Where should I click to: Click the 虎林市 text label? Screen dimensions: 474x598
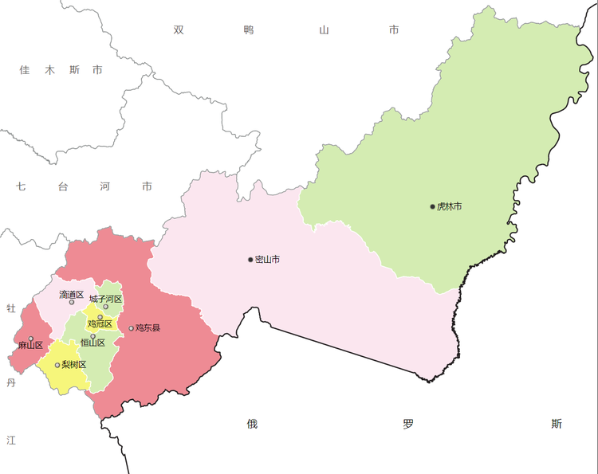(x=450, y=207)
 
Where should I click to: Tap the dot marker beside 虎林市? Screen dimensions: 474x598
(x=433, y=207)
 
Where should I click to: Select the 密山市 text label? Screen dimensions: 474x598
(x=267, y=260)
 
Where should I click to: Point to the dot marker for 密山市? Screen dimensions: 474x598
(x=250, y=260)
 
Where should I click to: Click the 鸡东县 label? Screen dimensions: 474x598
(x=148, y=328)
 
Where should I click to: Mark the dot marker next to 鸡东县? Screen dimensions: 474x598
(x=131, y=328)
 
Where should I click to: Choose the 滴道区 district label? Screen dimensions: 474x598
(x=72, y=295)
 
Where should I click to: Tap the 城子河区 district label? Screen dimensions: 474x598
(x=106, y=299)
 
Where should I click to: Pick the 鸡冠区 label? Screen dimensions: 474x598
(x=100, y=323)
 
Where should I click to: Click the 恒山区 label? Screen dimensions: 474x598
(x=92, y=343)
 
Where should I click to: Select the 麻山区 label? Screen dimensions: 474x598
(x=30, y=346)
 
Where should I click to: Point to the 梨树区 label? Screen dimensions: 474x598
(x=74, y=365)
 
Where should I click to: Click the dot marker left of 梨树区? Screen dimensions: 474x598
(x=57, y=366)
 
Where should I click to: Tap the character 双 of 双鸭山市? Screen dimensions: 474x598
(x=179, y=30)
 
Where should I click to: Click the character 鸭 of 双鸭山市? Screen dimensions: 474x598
(x=250, y=30)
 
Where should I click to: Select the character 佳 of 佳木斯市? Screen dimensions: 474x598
(x=25, y=70)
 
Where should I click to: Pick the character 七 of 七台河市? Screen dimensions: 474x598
(x=22, y=187)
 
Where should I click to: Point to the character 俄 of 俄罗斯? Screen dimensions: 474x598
(x=252, y=424)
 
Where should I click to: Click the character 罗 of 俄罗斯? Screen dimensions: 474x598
(x=408, y=424)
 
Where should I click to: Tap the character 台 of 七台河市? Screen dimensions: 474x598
(x=63, y=187)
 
